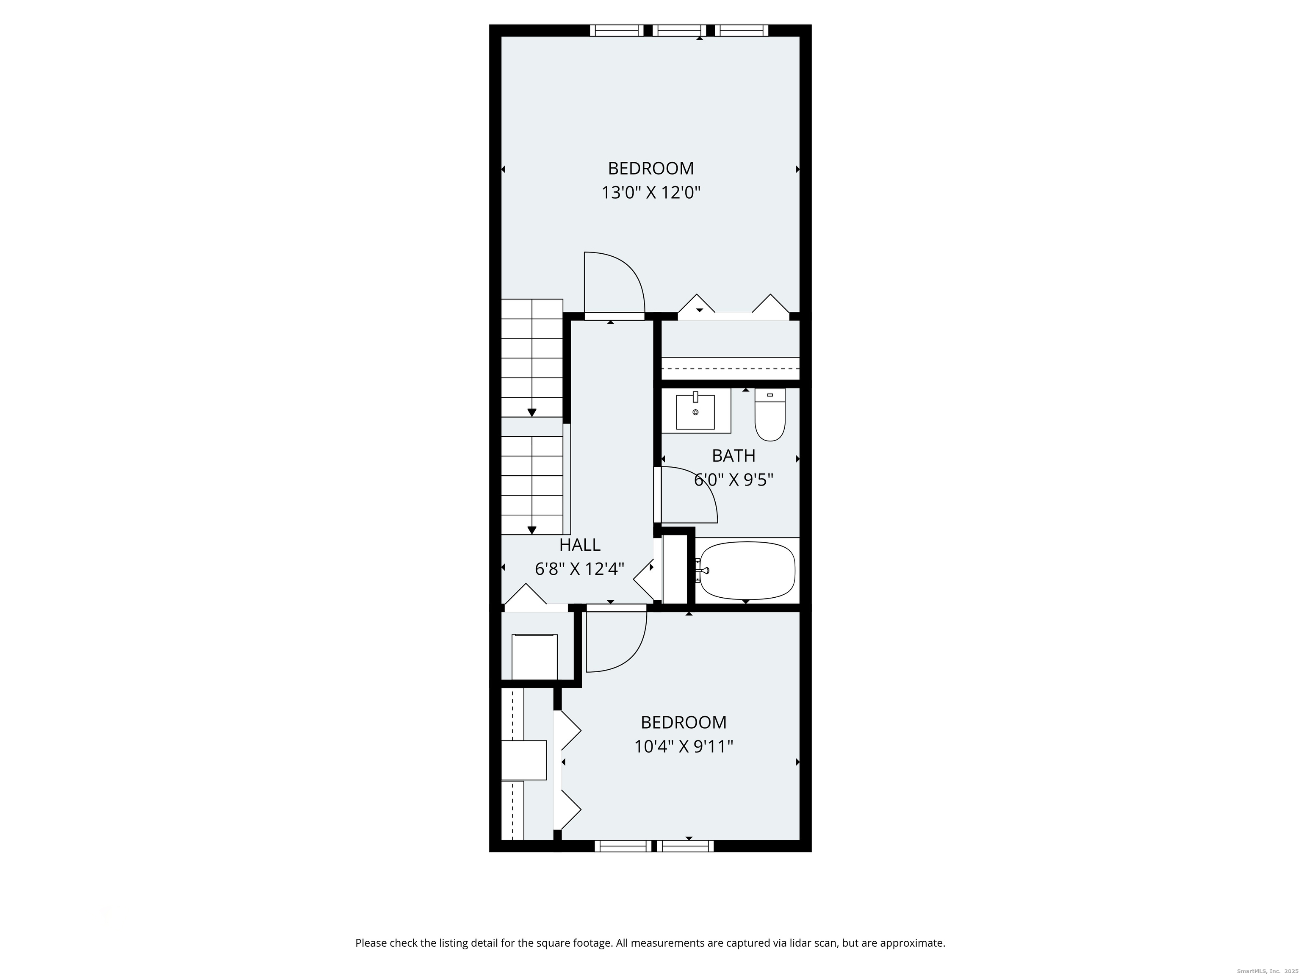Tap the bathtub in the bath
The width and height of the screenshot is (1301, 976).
click(746, 571)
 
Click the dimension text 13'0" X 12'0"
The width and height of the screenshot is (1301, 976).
click(650, 193)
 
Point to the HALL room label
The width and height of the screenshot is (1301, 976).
click(579, 545)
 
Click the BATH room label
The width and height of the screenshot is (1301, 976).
click(734, 456)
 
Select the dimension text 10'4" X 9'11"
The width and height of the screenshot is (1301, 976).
click(684, 746)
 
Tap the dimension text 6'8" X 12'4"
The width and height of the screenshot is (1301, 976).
click(579, 569)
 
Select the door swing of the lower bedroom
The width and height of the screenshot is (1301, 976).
click(620, 644)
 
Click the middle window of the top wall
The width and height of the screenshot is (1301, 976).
click(679, 30)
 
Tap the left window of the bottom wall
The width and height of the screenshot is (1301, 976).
click(623, 846)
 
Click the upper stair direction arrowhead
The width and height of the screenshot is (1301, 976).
click(531, 413)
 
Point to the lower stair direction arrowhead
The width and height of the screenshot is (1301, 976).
click(531, 530)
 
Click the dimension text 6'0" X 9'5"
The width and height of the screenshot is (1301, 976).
click(734, 480)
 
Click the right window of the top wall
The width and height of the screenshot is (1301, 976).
click(741, 30)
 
